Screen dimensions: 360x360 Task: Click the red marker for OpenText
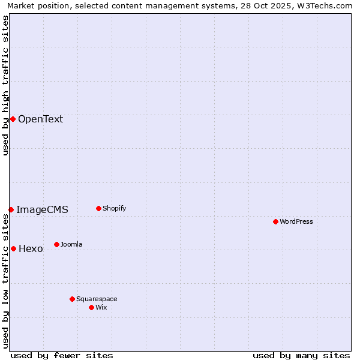point(13,119)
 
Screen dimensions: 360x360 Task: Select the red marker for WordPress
point(275,221)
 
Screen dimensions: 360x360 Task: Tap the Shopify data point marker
point(98,208)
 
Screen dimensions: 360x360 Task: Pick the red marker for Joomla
point(56,244)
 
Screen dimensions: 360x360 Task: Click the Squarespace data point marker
point(72,299)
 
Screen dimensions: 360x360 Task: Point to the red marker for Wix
point(91,307)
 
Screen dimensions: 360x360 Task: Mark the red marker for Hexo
point(13,248)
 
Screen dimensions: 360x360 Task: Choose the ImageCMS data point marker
point(11,209)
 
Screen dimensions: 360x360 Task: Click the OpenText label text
point(40,119)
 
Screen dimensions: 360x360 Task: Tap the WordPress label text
point(296,221)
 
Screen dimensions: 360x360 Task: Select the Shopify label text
point(114,208)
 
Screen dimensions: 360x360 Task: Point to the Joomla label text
point(71,244)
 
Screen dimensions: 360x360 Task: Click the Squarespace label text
point(97,299)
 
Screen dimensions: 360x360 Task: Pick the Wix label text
point(101,307)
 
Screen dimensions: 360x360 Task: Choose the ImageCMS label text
point(42,209)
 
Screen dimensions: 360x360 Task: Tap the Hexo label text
point(31,248)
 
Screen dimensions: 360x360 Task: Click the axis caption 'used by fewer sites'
point(62,355)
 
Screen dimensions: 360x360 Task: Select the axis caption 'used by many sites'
point(301,355)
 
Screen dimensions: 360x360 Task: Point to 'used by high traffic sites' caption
point(5,85)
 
